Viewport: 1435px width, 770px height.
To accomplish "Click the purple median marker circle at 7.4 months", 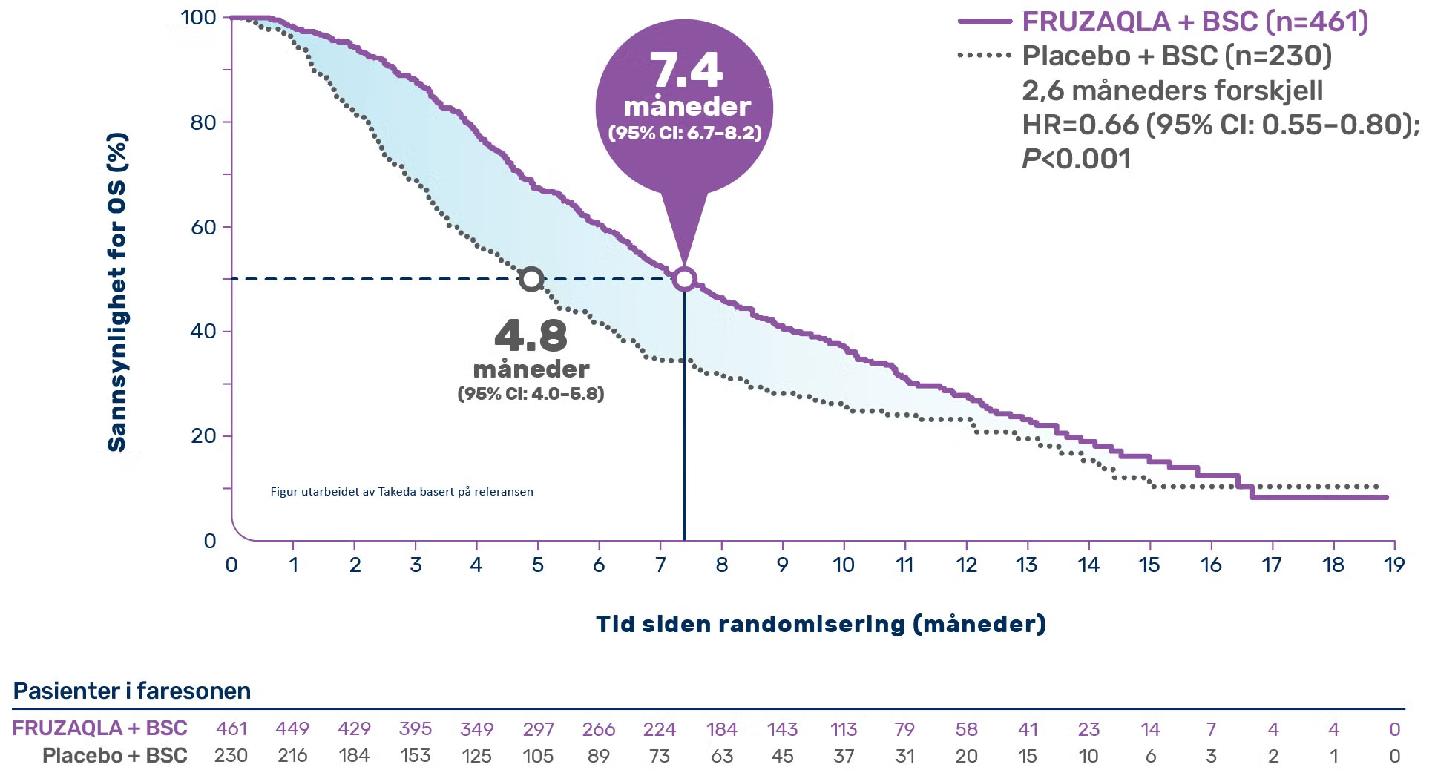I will [684, 279].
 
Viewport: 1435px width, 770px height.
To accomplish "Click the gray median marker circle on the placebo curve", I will [531, 279].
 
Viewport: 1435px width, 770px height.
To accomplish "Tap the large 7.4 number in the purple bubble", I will [686, 71].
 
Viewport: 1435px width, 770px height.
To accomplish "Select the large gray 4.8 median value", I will [531, 335].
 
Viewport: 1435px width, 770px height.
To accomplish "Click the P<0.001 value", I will [1077, 159].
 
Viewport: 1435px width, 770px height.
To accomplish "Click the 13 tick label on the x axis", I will [1026, 565].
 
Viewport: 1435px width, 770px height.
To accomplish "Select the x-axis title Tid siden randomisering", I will [821, 624].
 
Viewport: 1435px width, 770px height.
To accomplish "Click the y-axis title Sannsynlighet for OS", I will [117, 292].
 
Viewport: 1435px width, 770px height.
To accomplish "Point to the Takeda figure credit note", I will [401, 491].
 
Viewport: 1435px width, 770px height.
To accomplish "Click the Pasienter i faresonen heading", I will [132, 691].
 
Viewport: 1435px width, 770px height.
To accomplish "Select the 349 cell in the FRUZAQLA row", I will [476, 729].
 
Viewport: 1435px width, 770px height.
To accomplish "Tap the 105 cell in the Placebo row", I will [538, 756].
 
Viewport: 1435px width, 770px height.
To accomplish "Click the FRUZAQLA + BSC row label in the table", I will [99, 728].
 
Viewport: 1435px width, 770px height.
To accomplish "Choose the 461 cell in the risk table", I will [231, 729].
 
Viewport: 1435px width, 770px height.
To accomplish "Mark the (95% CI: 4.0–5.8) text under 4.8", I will [531, 393].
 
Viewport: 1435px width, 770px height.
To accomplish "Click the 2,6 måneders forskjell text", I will [1172, 91].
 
